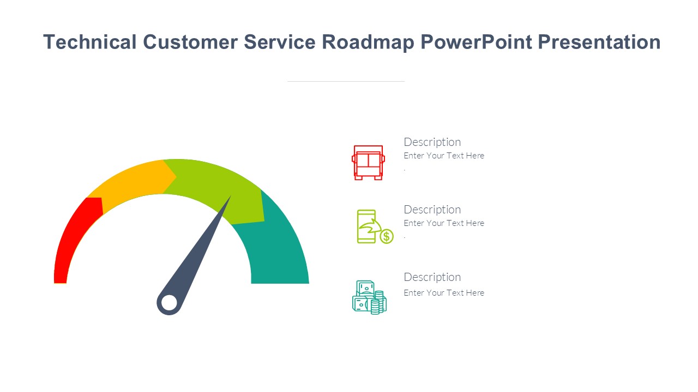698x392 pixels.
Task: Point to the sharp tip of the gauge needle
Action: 230,197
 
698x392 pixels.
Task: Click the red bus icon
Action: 368,162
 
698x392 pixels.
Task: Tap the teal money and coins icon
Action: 369,297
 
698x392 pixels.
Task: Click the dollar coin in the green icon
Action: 386,236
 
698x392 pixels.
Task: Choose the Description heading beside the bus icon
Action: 432,142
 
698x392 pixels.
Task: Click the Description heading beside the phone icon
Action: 432,210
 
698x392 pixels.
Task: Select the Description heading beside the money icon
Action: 432,277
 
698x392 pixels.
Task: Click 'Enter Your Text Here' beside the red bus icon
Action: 444,156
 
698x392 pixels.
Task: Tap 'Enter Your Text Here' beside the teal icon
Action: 444,293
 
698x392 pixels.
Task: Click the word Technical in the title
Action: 89,42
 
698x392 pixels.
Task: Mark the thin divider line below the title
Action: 346,81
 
